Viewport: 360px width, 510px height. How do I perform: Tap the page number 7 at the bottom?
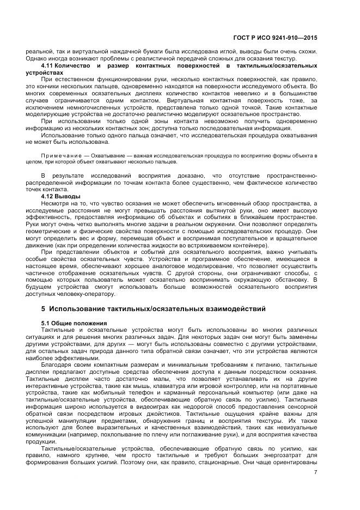[315, 472]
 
